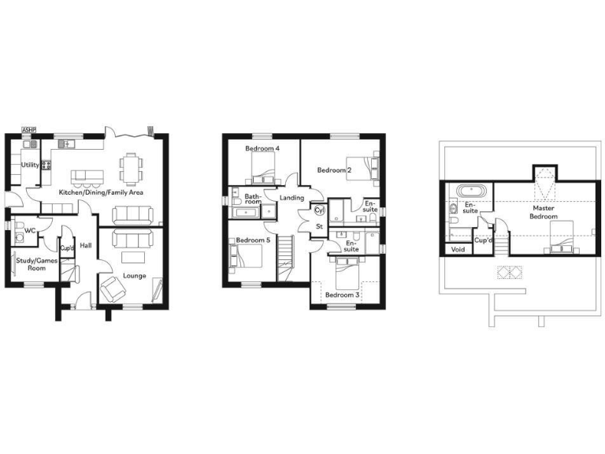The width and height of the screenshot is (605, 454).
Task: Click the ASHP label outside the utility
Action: coord(29,129)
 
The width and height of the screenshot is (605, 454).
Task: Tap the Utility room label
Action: coord(31,166)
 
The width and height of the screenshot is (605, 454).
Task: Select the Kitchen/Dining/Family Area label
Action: coord(99,192)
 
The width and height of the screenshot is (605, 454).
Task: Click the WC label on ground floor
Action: coord(30,231)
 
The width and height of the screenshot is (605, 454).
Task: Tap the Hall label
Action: coord(86,246)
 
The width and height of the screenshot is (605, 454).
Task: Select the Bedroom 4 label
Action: coord(262,149)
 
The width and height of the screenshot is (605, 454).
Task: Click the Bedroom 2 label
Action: coord(334,170)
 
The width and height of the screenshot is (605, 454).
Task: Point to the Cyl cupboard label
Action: coord(319,210)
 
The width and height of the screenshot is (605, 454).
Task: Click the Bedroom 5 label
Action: coord(254,240)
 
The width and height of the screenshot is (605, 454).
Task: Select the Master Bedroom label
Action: coord(544,212)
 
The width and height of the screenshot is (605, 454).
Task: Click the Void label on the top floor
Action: coord(458,250)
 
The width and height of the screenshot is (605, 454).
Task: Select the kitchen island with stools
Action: coord(89,175)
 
